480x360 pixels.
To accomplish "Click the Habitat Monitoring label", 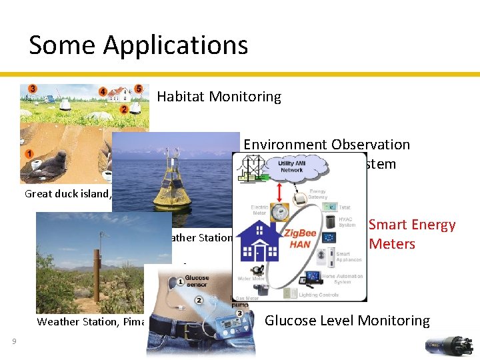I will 219,97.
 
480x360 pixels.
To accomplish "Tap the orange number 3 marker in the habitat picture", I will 33,88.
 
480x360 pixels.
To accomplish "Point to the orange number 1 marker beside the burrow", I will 30,154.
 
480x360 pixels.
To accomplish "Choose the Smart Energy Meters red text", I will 411,235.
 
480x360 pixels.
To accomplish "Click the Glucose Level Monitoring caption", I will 347,321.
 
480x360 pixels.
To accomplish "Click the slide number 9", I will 14,342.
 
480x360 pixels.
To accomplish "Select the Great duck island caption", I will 67,194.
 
